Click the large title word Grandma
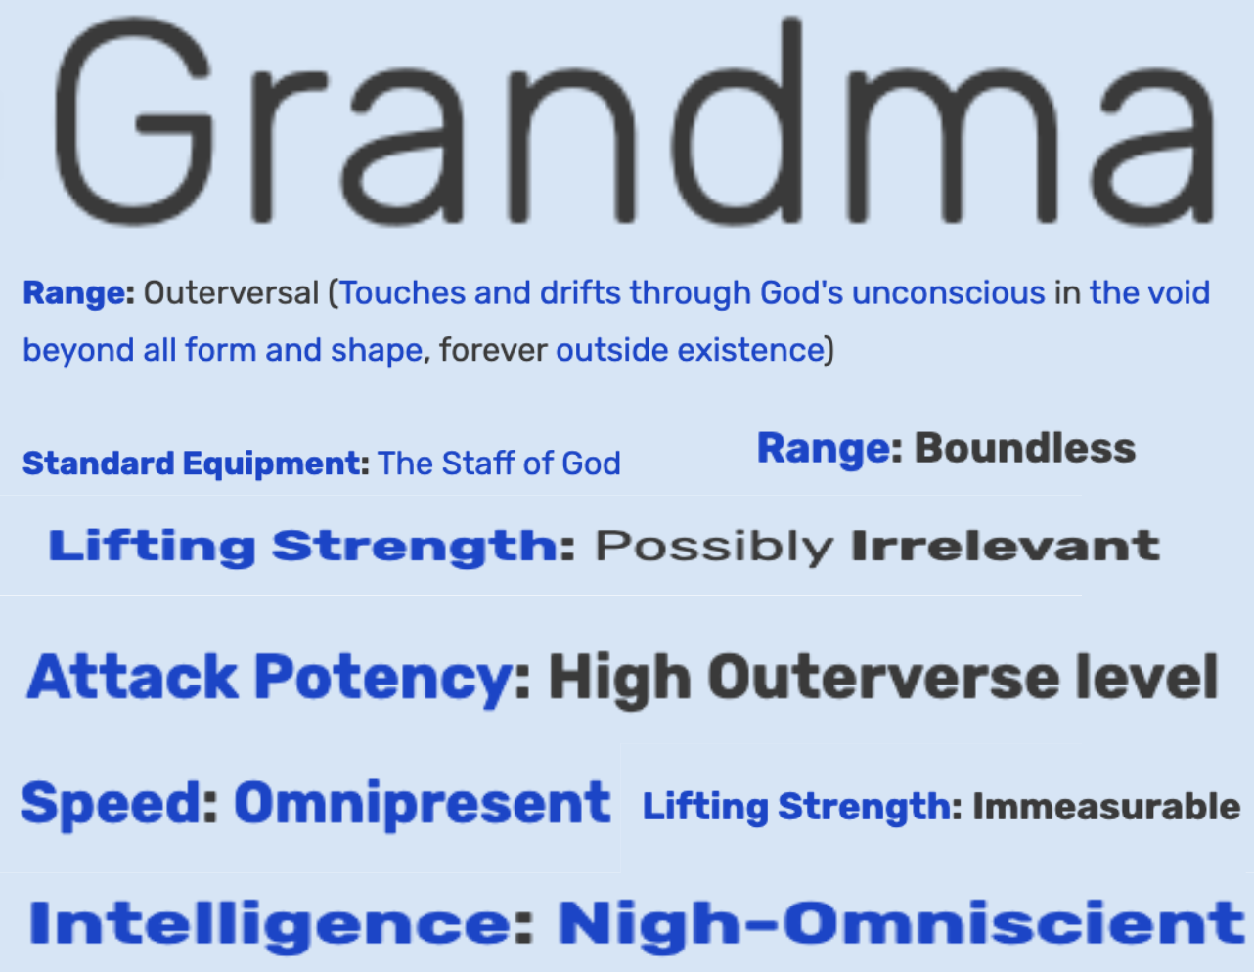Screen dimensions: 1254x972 point(635,121)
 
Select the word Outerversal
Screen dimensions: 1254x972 point(231,292)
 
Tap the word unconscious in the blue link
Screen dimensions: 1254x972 point(948,292)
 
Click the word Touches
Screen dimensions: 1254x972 point(403,292)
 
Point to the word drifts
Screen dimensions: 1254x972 point(580,292)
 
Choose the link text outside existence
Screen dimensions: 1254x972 point(690,349)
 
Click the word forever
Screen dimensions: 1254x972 point(493,349)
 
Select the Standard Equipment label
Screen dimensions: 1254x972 point(192,464)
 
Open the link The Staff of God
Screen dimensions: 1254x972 point(499,463)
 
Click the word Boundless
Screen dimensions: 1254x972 point(1025,448)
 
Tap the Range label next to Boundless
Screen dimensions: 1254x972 point(824,450)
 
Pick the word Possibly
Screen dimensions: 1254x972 point(714,547)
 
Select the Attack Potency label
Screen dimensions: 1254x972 point(269,678)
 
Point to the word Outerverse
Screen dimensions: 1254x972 point(883,677)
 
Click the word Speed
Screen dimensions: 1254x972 point(112,804)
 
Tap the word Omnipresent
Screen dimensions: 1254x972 point(422,804)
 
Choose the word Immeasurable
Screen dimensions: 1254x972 point(1106,806)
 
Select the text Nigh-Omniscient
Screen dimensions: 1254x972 point(901,924)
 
